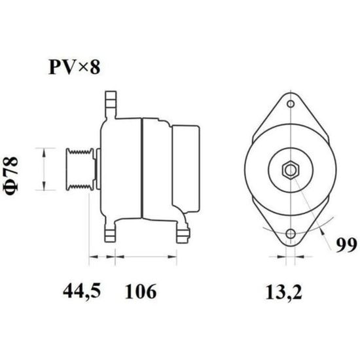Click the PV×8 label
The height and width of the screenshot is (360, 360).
click(x=75, y=67)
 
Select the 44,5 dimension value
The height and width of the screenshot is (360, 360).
click(x=82, y=291)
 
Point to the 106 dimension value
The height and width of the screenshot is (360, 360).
click(x=141, y=291)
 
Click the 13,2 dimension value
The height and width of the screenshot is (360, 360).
click(x=283, y=293)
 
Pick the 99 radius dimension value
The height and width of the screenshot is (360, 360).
click(x=346, y=245)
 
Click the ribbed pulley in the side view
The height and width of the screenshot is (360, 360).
click(x=80, y=170)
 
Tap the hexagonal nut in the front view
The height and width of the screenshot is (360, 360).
click(x=291, y=170)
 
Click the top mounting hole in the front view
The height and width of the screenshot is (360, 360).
click(x=291, y=104)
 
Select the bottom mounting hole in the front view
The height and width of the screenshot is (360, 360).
click(x=291, y=234)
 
